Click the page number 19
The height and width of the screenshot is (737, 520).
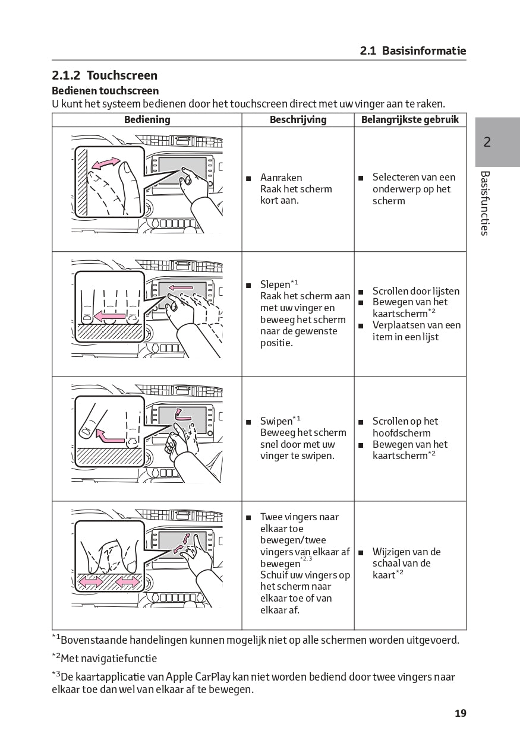pos(461,713)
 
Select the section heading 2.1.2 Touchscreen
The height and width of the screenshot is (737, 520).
pos(105,75)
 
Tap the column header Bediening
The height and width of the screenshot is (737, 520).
pos(147,119)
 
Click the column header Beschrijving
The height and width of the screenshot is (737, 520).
pos(298,119)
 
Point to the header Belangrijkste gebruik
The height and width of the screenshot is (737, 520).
pos(410,119)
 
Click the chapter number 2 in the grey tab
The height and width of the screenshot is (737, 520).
pos(487,142)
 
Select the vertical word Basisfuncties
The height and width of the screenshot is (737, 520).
pos(485,203)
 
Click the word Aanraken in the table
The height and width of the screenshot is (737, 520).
pos(281,178)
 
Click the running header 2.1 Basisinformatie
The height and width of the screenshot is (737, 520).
pos(413,51)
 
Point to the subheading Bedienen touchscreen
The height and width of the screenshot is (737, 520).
pos(105,91)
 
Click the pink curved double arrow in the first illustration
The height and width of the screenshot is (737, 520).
pos(105,163)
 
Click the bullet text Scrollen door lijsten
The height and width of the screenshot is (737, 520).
pos(416,291)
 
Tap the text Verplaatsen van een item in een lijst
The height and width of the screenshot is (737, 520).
pos(416,331)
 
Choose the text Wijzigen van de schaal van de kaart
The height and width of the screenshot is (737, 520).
pos(406,563)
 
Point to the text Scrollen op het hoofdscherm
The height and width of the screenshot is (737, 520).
pos(405,427)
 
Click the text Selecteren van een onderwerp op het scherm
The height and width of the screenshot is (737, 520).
pos(414,189)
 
